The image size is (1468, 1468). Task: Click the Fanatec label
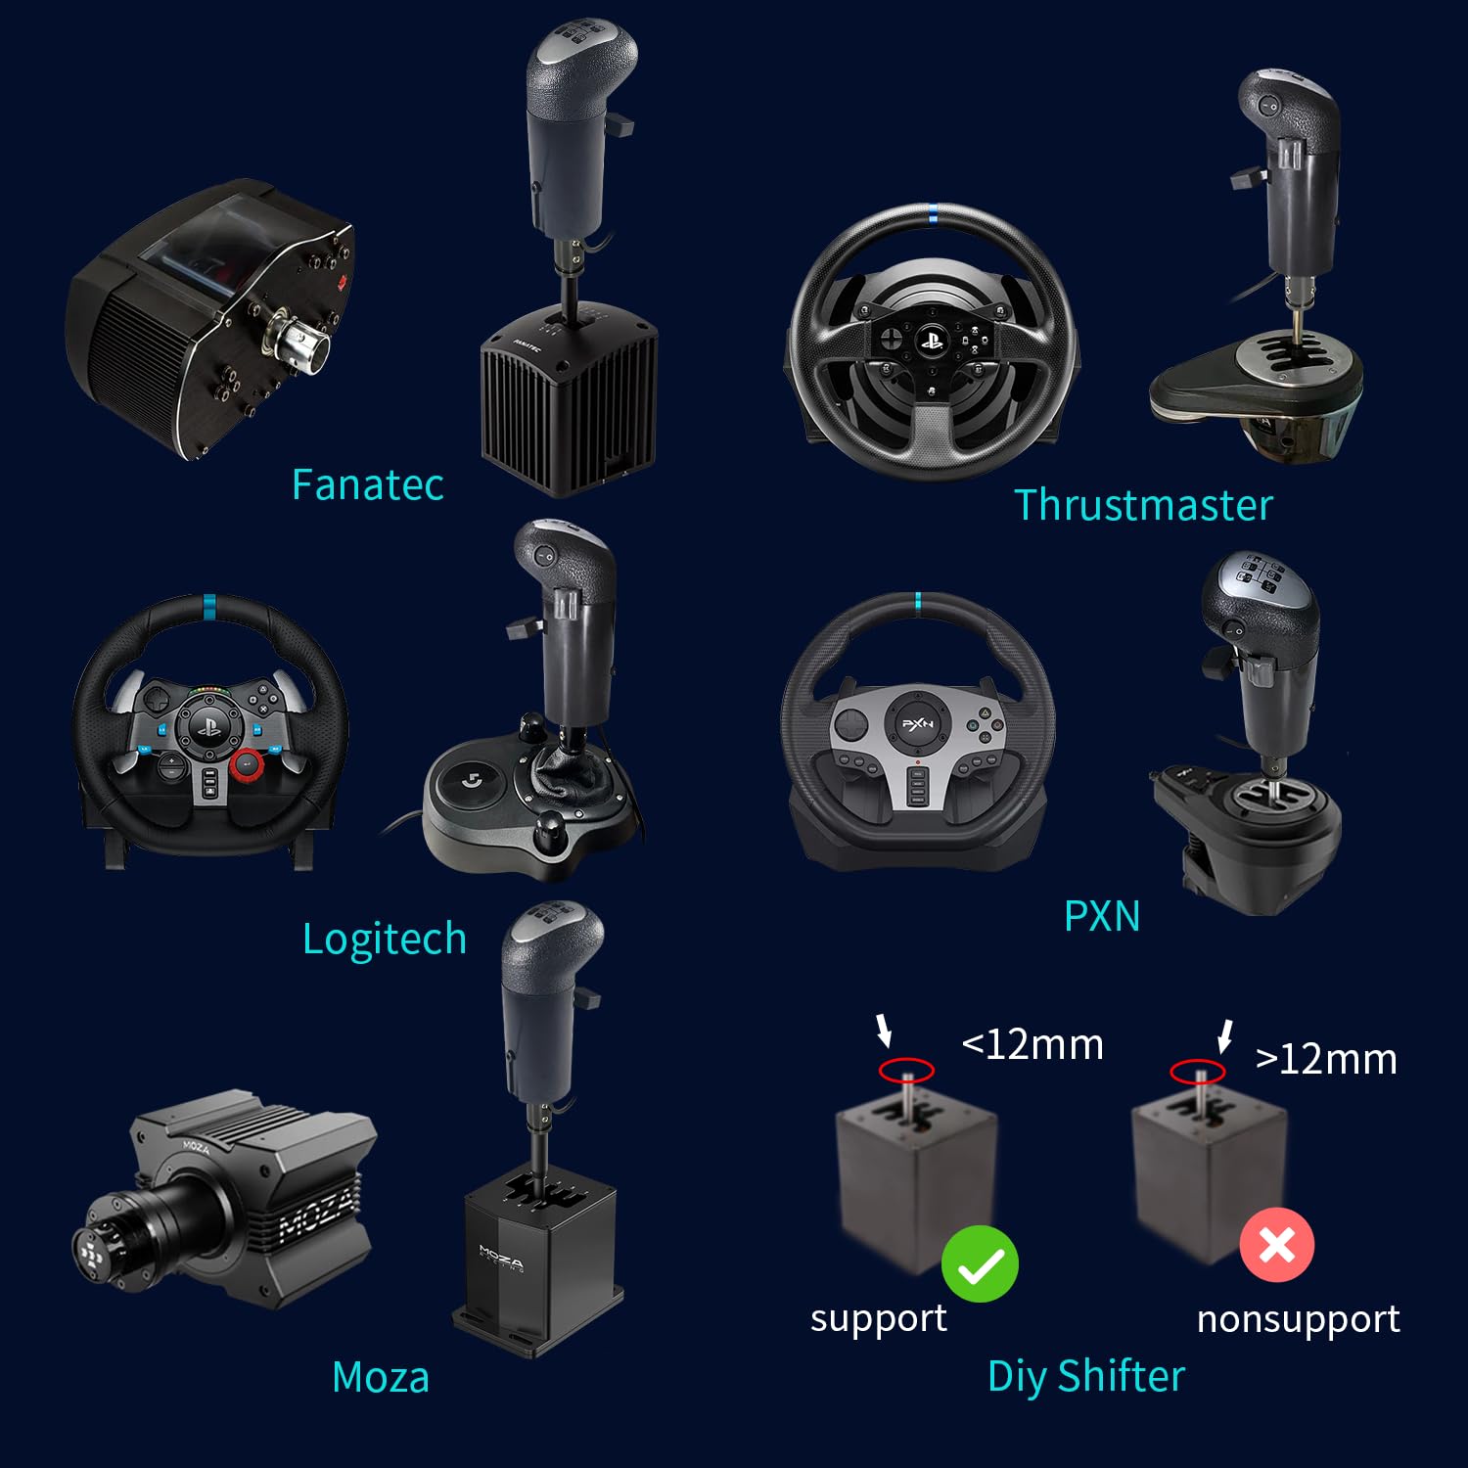tap(367, 484)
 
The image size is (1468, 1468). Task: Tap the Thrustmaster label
tap(1143, 505)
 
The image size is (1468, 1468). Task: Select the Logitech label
tap(384, 939)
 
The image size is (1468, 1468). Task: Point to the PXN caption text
tap(1102, 916)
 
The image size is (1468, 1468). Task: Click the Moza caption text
tap(381, 1377)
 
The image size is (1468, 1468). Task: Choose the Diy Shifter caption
tap(1086, 1376)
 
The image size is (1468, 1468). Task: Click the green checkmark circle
tap(980, 1263)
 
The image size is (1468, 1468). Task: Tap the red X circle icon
tap(1276, 1245)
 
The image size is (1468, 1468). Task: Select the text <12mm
tap(1032, 1044)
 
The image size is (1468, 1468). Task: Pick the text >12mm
tap(1326, 1059)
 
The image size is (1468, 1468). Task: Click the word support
tap(878, 1318)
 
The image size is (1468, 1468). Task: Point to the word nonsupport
tap(1298, 1319)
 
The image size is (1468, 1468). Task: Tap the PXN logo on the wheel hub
tap(917, 724)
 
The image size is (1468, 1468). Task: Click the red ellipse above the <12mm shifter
tap(906, 1070)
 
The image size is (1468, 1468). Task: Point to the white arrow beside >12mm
tap(1224, 1035)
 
